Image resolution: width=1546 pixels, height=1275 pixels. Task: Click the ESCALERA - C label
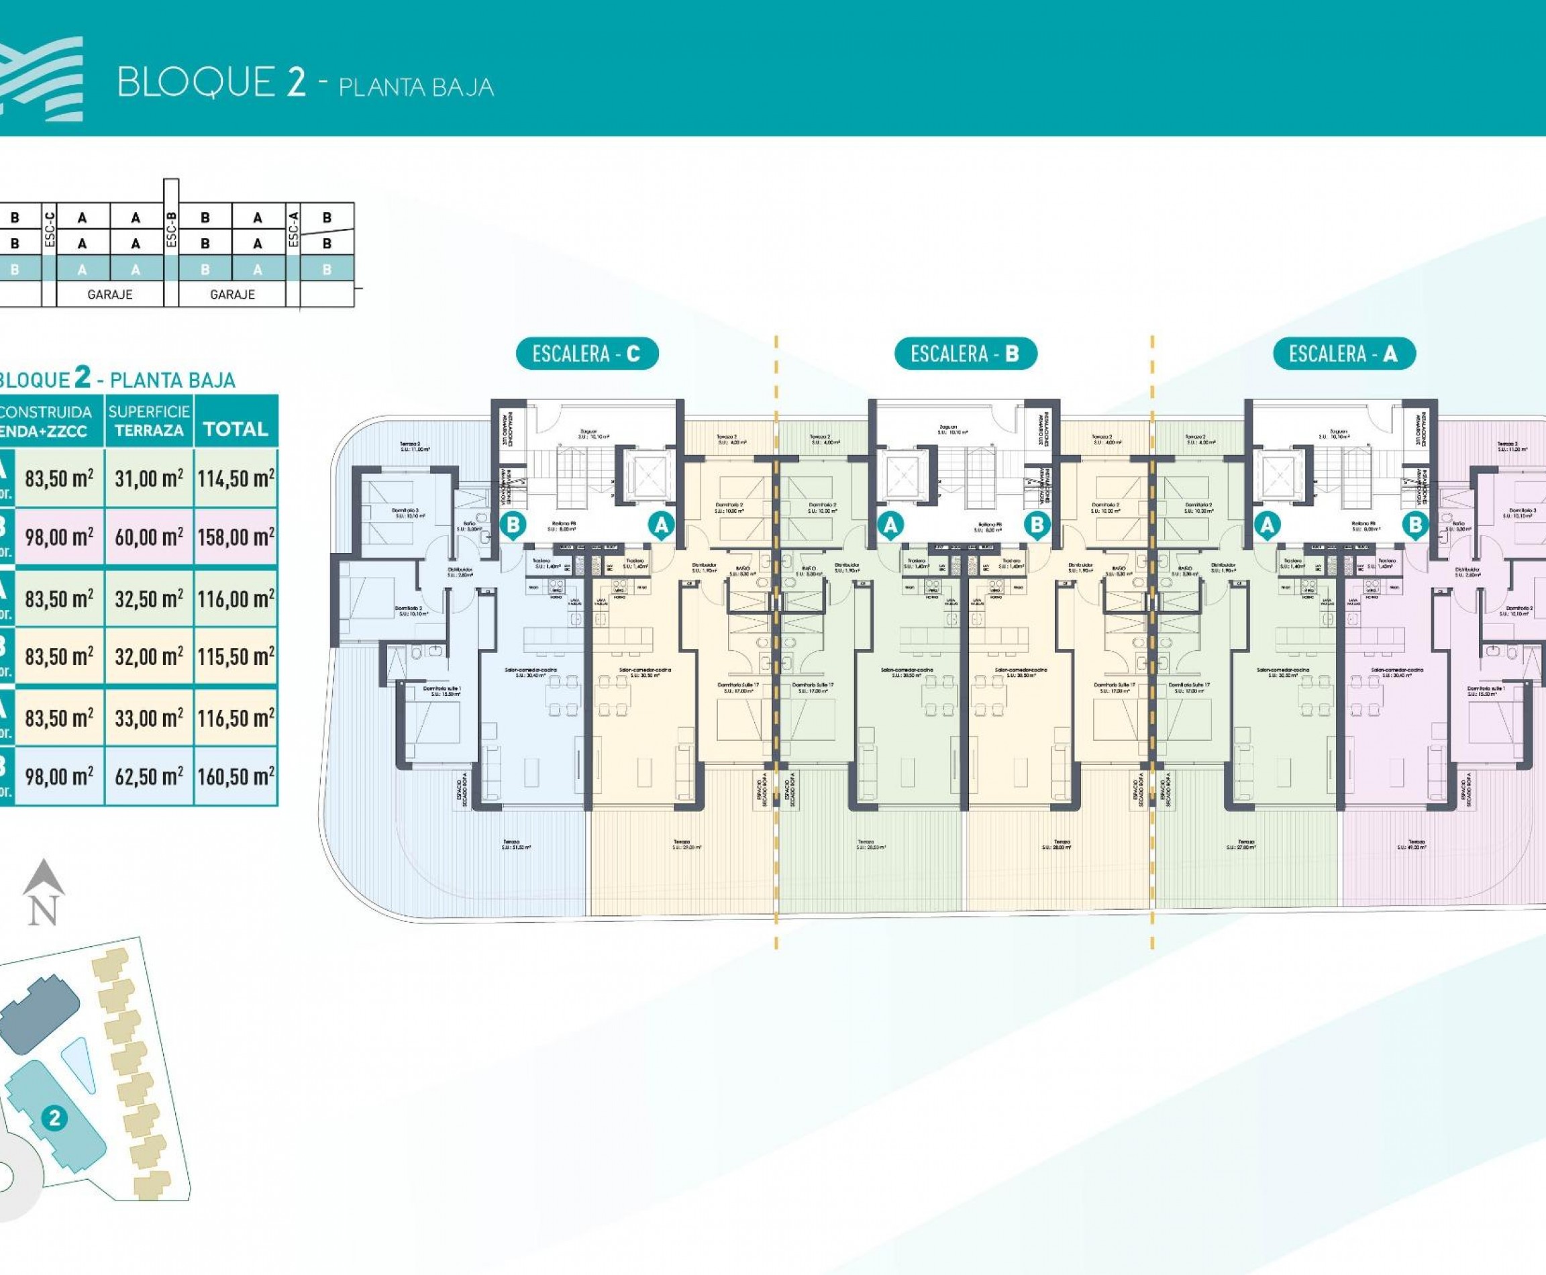(586, 354)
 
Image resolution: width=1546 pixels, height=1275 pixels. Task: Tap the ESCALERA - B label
(965, 354)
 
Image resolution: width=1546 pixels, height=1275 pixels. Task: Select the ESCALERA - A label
(1343, 354)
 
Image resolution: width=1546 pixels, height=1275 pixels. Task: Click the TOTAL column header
(236, 429)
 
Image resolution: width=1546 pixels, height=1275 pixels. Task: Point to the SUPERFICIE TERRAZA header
(149, 421)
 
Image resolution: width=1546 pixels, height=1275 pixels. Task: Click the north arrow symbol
(44, 892)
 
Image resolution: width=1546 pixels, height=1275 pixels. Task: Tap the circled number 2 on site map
(54, 1119)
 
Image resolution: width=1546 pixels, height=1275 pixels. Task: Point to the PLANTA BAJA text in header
(416, 87)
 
